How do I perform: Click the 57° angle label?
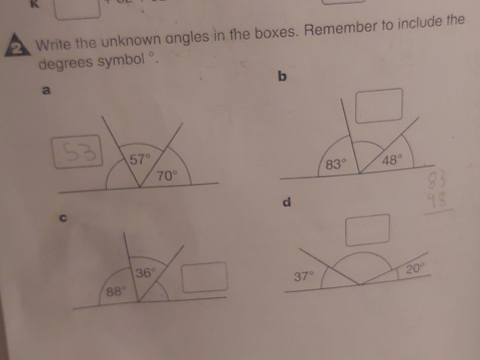(140, 160)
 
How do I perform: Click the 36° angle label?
(146, 272)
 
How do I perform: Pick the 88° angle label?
(115, 291)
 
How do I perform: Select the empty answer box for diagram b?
(379, 106)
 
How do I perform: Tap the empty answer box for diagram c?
(205, 277)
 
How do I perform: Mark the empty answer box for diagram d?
(367, 229)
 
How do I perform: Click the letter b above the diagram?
(283, 77)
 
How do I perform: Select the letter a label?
(46, 90)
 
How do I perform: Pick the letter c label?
(64, 216)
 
